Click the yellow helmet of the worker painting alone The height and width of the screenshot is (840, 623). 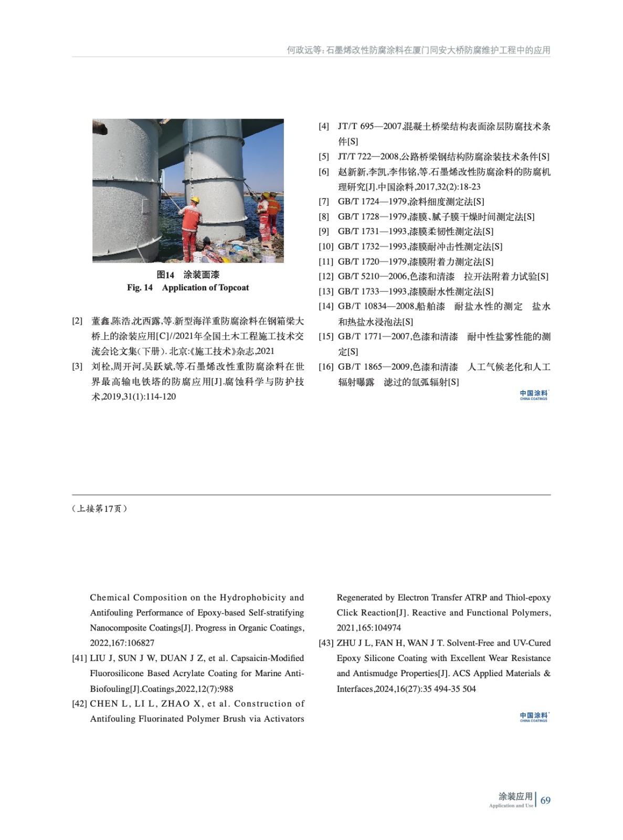[x=195, y=200]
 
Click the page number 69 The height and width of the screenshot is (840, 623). [x=545, y=800]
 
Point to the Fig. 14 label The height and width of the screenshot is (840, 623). [x=140, y=288]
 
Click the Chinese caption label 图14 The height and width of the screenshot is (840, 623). [x=165, y=275]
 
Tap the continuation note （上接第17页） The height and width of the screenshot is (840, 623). [x=100, y=508]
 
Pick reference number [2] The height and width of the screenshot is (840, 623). [x=77, y=321]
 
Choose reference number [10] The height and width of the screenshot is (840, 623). [x=326, y=246]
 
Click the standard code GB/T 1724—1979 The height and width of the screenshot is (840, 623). [x=372, y=202]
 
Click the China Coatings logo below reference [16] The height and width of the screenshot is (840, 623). [x=533, y=395]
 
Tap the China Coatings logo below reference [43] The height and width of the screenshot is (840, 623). [x=533, y=717]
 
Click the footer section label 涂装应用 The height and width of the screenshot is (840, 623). [x=515, y=796]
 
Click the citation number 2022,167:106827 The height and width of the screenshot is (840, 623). [x=122, y=643]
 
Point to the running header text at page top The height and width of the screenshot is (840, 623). [x=418, y=50]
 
